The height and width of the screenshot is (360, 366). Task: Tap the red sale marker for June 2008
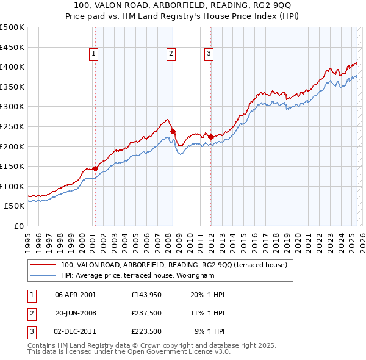click(173, 131)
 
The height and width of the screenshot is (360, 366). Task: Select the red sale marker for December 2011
click(210, 137)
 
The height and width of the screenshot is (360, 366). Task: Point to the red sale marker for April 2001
click(95, 168)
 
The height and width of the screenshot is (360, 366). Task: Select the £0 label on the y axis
click(19, 226)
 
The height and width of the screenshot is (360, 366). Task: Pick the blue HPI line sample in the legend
click(43, 276)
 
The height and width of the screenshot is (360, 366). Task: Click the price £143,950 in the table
click(146, 294)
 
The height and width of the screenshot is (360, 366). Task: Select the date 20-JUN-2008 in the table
click(76, 313)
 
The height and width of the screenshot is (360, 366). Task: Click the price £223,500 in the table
click(146, 332)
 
